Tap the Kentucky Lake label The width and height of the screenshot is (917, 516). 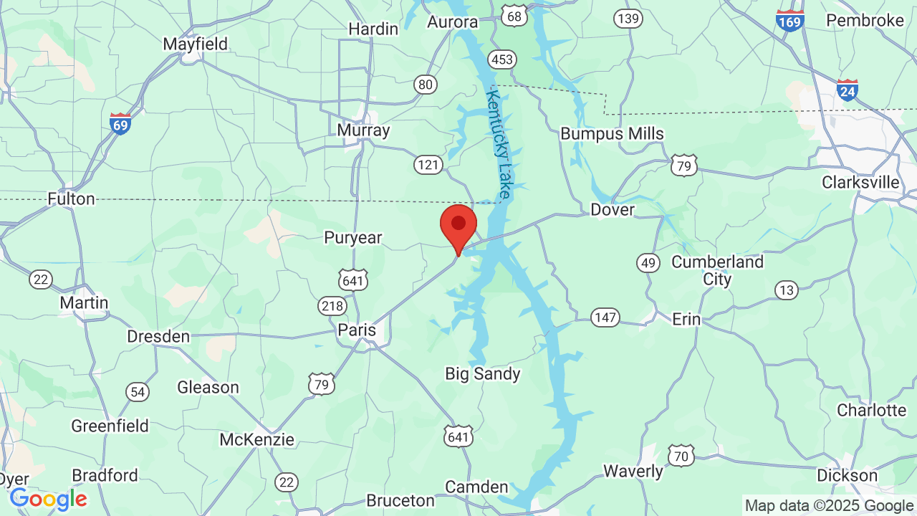pos(499,143)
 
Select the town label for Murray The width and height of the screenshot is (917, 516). pos(363,130)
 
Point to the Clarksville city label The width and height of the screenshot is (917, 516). pos(860,182)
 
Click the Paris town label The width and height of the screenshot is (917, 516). pos(357,330)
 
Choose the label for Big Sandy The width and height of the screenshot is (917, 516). pos(483,373)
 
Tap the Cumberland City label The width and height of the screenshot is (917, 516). pos(717,270)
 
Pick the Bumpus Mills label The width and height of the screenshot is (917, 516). pos(612,133)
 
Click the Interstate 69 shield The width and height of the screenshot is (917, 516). pos(120,123)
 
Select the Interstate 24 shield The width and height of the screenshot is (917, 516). pos(848,89)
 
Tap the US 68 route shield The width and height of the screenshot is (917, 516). pos(514,15)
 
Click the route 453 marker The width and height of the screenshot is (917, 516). pos(502,59)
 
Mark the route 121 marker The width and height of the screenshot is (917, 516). pos(428,165)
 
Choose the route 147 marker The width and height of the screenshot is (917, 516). pos(605,317)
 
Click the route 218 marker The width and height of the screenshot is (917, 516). pos(332,306)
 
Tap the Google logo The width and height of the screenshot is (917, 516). pos(48,499)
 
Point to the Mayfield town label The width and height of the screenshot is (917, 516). pos(195,44)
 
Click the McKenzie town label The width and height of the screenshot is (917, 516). pos(256,439)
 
